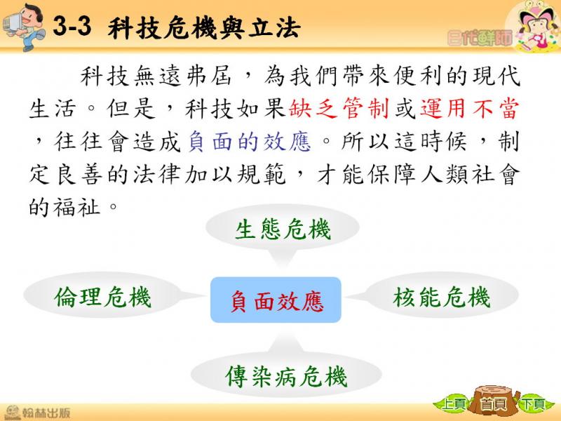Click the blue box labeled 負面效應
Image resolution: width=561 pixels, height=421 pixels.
276,300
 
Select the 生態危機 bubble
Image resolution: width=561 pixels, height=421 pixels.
283,229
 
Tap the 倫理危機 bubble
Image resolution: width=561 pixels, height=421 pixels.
103,295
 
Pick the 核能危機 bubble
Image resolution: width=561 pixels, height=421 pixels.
441,295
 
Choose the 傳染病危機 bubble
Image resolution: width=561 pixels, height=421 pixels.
286,375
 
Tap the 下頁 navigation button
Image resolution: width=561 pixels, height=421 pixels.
533,404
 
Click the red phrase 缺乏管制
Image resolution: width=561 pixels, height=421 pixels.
339,109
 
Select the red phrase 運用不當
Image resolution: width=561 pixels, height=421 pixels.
469,109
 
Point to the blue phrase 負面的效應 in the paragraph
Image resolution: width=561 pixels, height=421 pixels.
250,142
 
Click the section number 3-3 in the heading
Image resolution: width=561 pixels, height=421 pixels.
72,26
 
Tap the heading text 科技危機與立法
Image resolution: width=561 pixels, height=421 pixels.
204,28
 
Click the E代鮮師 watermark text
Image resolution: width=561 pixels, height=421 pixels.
480,38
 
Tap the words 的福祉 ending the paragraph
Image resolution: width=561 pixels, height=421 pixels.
65,207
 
